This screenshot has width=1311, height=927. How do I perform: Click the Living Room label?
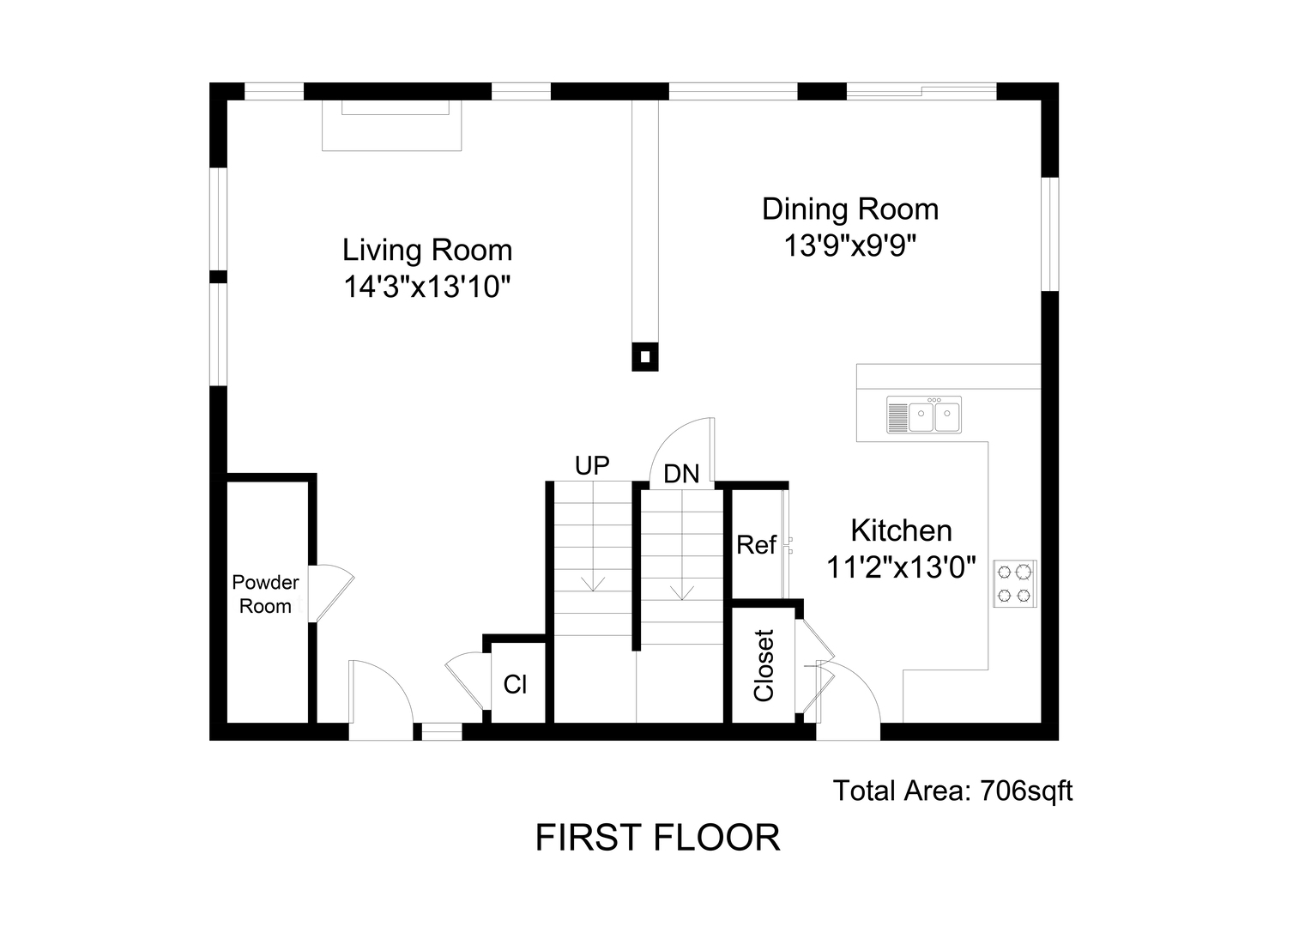pos(427,250)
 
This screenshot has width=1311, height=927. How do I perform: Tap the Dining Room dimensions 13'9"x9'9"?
pos(849,246)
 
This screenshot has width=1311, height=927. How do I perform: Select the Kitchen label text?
pos(901,530)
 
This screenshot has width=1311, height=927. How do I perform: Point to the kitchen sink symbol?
pos(924,415)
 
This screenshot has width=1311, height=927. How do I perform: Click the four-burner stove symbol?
pos(1015,583)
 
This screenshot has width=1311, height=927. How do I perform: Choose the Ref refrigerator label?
pos(756,545)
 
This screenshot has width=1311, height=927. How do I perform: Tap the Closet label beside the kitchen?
pos(764,665)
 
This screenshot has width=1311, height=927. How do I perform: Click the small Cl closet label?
pos(515,684)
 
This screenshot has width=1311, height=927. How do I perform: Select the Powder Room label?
pos(265,594)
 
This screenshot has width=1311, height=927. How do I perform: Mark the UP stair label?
pos(592,465)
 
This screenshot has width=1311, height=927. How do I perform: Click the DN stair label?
pos(682,473)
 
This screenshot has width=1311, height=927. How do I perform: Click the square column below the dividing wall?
pos(645,357)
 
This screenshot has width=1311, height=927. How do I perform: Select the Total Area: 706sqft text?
pos(952,790)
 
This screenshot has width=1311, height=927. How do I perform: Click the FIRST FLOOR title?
pos(657,838)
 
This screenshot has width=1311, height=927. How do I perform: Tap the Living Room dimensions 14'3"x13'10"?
pos(427,287)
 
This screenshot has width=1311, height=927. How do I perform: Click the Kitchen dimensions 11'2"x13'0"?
pos(901,567)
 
